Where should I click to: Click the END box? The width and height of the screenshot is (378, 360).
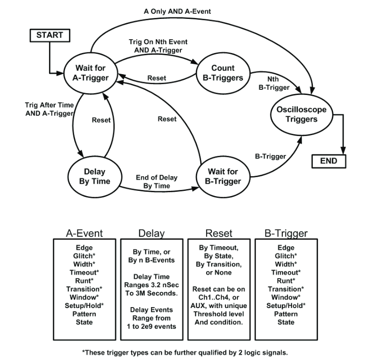pos(328,161)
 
